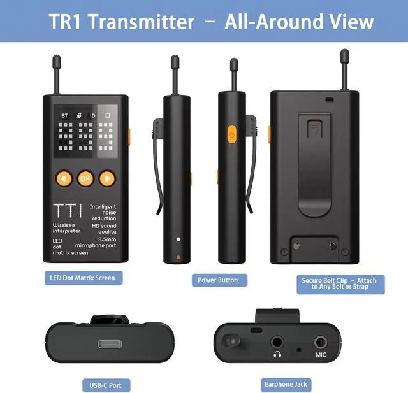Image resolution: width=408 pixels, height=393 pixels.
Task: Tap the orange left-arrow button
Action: (64, 178)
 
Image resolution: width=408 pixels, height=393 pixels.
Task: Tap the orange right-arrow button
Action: (107, 178)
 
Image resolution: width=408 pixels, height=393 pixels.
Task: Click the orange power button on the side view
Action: (232, 134)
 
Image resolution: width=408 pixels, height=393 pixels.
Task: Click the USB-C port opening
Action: (110, 344)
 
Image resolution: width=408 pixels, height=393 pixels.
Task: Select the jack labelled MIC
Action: (321, 342)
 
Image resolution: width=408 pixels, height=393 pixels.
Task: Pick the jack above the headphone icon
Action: (277, 342)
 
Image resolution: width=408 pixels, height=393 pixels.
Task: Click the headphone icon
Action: (277, 354)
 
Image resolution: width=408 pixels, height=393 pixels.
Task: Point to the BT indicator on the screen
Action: (64, 116)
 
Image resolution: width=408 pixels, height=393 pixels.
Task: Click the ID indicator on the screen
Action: (92, 116)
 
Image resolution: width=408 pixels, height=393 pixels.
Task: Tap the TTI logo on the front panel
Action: (68, 211)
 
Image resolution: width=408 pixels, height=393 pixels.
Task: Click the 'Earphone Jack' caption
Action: (286, 385)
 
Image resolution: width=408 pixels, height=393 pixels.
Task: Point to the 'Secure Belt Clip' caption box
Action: (340, 284)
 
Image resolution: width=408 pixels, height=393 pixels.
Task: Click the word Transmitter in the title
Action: (142, 22)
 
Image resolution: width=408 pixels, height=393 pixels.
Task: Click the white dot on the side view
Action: (178, 239)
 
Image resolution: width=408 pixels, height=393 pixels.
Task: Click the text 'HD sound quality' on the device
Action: (104, 229)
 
